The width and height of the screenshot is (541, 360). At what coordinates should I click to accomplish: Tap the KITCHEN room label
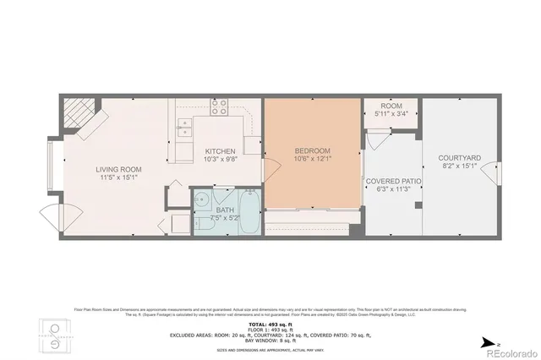(x=220, y=152)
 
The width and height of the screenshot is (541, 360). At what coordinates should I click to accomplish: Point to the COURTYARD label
(x=460, y=158)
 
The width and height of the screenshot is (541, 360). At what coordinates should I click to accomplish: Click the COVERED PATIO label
(x=393, y=181)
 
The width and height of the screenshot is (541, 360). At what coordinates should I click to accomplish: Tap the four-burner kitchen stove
(x=219, y=107)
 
